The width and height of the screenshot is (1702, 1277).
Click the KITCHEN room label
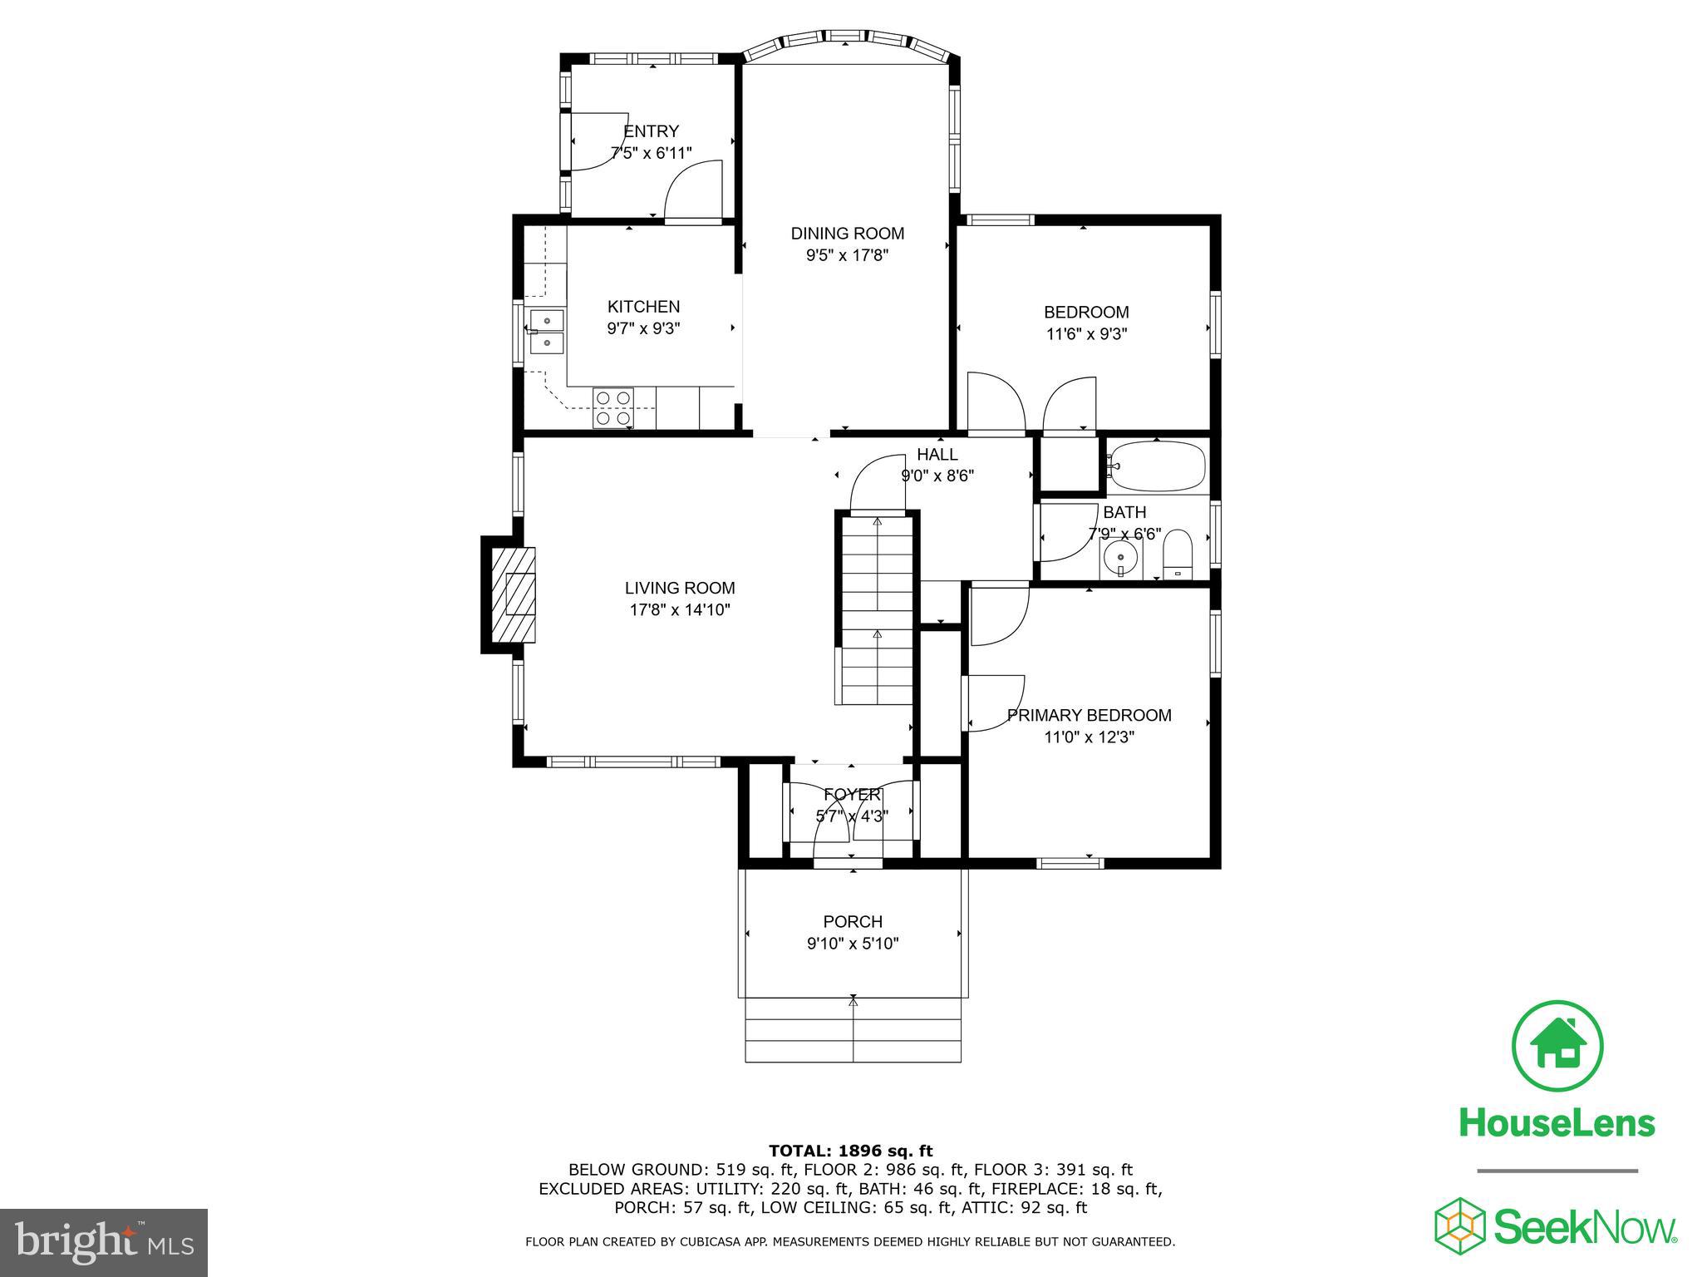pos(643,307)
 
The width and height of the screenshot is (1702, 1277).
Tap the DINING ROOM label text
pos(847,234)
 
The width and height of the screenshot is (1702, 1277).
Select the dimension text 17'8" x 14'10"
pos(680,610)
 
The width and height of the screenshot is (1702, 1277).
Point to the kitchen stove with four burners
pos(612,407)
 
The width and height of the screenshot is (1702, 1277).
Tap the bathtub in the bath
pos(1157,466)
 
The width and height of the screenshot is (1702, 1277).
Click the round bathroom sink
pos(1120,557)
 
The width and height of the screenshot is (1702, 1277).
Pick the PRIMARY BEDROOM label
pos(1089,716)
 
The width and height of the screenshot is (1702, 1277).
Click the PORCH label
pos(853,922)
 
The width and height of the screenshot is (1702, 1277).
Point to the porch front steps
pos(853,1030)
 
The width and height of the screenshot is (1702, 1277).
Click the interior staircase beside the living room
pos(877,611)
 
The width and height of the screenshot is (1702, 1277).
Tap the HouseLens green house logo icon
pos(1557,1047)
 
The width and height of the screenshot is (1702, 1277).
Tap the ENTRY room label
pos(651,131)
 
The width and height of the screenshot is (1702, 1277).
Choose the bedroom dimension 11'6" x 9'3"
pos(1086,335)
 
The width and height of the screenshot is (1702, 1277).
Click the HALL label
pos(937,455)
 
